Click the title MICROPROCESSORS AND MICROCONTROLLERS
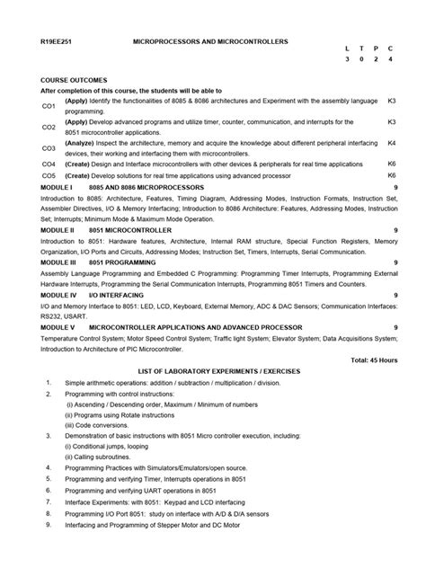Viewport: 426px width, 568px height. pos(210,42)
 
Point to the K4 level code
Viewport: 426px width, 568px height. pos(391,143)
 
